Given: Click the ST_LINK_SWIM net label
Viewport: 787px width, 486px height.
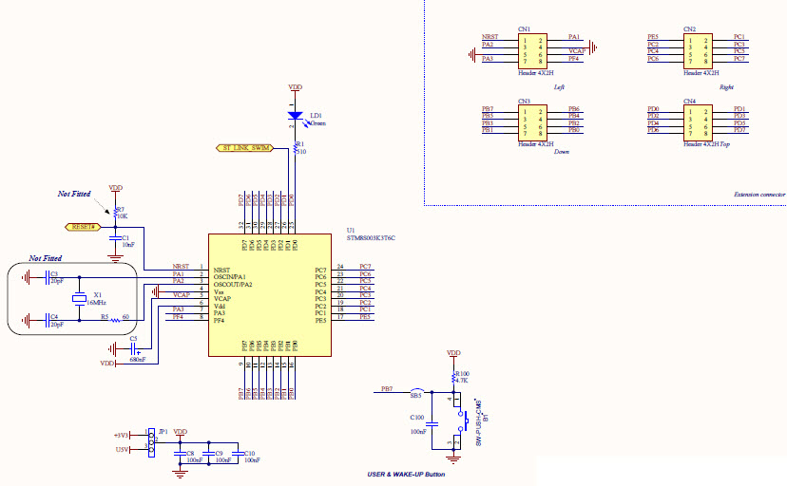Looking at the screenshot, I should click(244, 148).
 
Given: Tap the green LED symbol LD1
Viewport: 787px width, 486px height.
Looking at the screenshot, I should click(295, 117).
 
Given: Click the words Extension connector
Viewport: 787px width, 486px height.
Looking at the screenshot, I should click(759, 194).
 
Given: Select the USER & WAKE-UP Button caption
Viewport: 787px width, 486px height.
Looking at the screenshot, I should click(406, 474).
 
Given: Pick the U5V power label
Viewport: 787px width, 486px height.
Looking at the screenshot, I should click(122, 450).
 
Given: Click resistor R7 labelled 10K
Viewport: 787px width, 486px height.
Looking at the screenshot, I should click(115, 212).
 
